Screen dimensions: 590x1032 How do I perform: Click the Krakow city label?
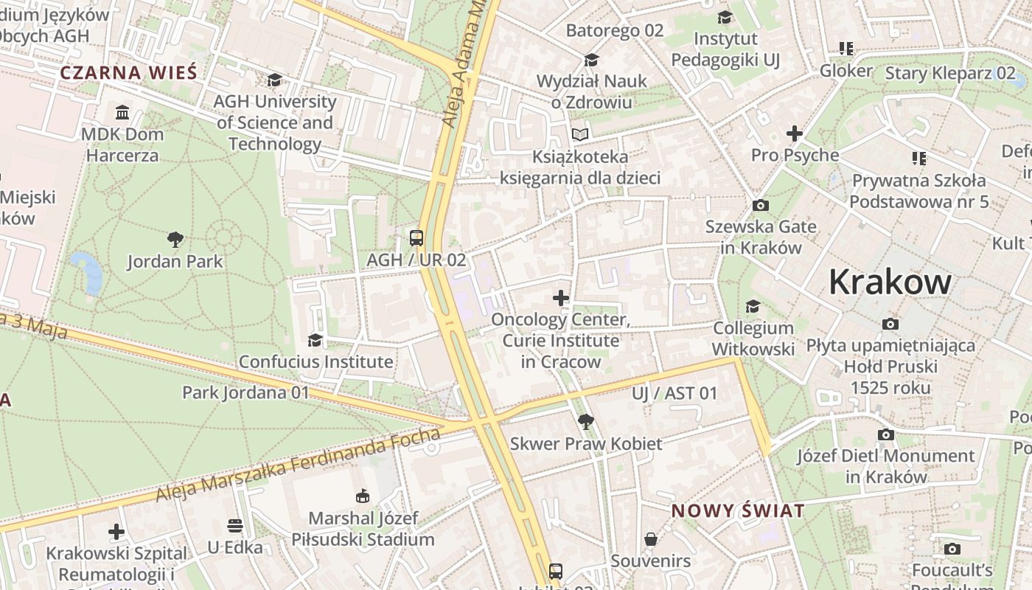click(890, 282)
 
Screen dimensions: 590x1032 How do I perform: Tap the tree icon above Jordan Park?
click(175, 239)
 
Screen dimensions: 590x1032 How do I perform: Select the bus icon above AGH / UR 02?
click(416, 237)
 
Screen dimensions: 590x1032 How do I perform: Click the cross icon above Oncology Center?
click(561, 298)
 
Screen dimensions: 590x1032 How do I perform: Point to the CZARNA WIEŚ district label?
click(128, 73)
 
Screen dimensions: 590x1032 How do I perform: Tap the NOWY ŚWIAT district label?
click(737, 511)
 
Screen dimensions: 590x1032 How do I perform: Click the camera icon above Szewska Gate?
click(761, 205)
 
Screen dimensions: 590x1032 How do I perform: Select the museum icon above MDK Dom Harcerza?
click(122, 113)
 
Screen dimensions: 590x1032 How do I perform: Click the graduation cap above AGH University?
click(274, 80)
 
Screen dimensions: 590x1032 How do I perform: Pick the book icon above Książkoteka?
click(581, 134)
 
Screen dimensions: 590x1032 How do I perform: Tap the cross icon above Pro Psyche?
click(794, 133)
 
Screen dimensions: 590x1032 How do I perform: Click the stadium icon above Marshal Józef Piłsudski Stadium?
click(363, 496)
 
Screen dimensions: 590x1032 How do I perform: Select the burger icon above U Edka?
click(234, 526)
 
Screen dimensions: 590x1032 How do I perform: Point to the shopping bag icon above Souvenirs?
click(651, 539)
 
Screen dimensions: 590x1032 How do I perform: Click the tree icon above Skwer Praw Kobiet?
click(586, 421)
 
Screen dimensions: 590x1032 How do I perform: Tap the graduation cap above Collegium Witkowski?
click(753, 306)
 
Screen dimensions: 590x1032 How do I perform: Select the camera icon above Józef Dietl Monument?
click(885, 434)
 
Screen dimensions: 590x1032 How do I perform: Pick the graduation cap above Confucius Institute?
click(315, 340)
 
